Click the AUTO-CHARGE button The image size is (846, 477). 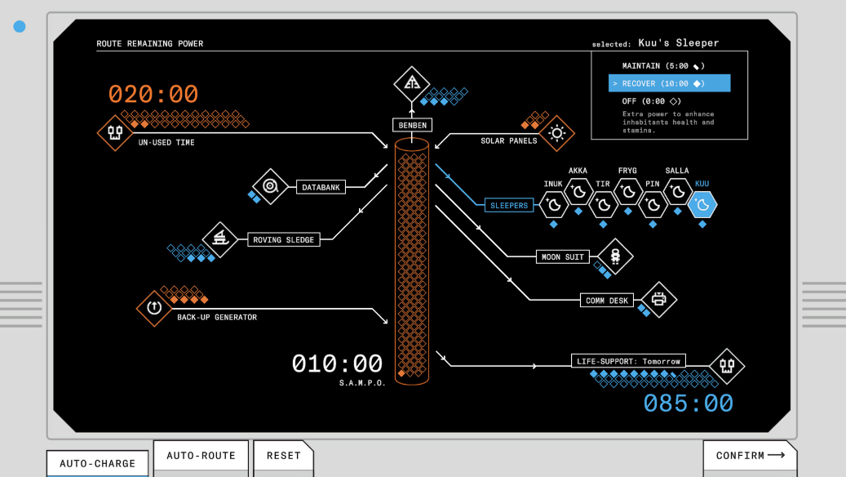[x=97, y=463]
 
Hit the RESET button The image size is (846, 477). [x=283, y=456]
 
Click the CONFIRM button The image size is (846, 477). [x=750, y=456]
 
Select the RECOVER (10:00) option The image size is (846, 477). [x=669, y=83]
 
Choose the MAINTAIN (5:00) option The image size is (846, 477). [x=663, y=66]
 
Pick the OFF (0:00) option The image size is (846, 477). [x=651, y=101]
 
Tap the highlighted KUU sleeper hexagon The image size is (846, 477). [x=702, y=205]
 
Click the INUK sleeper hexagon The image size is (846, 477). [x=554, y=205]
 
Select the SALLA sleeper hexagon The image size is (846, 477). [x=678, y=191]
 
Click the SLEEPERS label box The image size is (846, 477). [x=509, y=205]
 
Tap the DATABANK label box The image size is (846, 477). [x=321, y=187]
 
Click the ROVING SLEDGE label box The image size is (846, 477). [x=283, y=240]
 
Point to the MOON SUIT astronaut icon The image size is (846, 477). [x=615, y=256]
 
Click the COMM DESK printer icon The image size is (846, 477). [x=659, y=299]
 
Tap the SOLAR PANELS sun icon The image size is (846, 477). [x=557, y=133]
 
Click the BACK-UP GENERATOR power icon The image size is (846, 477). [x=154, y=308]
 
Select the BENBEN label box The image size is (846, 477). [x=412, y=125]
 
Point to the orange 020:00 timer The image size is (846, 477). [x=153, y=94]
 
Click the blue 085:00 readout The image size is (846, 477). [x=689, y=403]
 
